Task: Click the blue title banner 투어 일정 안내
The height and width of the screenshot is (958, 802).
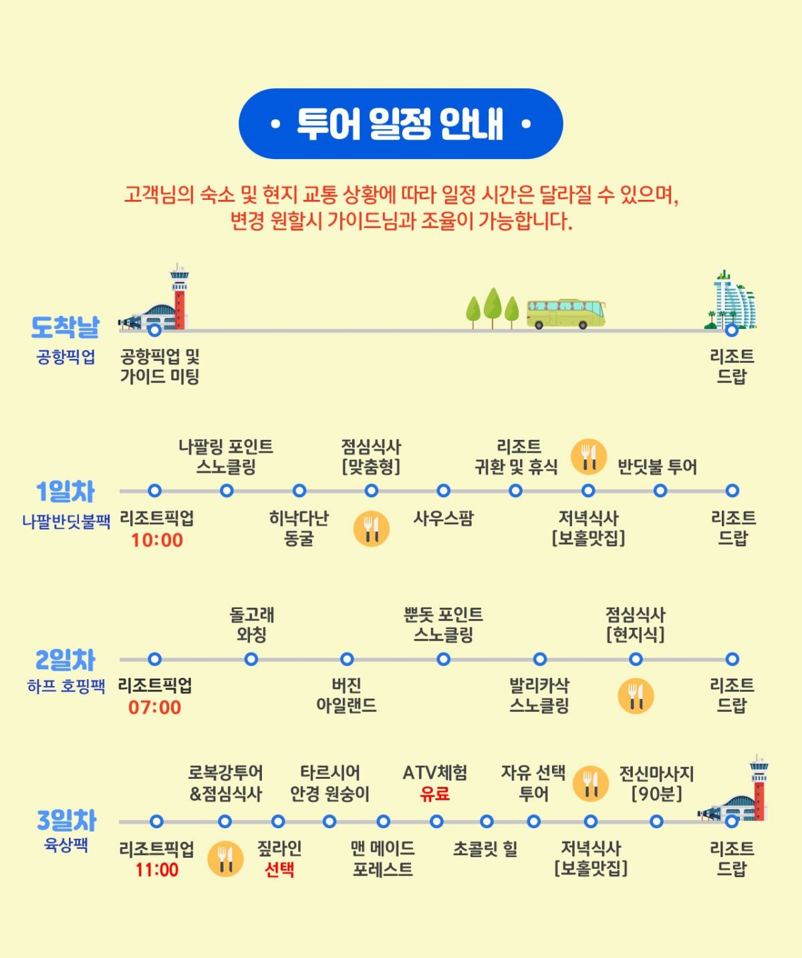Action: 400,124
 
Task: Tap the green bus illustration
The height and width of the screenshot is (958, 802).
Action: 566,314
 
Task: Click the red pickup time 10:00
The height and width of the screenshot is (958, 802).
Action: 157,540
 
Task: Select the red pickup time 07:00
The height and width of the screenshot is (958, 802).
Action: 155,707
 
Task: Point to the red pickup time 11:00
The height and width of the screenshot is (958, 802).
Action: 157,870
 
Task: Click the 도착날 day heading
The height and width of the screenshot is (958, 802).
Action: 65,327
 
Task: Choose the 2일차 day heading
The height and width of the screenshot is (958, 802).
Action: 65,661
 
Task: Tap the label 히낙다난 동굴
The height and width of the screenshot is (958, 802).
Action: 299,528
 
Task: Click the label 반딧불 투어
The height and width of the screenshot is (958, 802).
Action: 657,467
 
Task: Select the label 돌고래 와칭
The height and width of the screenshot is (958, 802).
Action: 251,624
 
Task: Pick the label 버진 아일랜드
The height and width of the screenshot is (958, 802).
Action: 346,695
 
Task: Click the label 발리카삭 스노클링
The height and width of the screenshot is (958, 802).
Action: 539,695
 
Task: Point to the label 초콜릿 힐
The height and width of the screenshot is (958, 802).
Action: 485,849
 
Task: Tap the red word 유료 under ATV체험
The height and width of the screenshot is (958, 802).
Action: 435,794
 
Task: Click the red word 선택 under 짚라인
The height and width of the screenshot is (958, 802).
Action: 279,870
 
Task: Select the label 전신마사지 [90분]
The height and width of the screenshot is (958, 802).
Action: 656,784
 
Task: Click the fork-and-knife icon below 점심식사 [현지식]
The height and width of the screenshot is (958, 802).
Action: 636,696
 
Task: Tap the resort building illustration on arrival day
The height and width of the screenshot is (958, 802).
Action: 732,300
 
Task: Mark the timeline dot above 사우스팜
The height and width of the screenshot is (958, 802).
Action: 443,491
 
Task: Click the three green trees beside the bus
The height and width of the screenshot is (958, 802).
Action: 493,308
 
